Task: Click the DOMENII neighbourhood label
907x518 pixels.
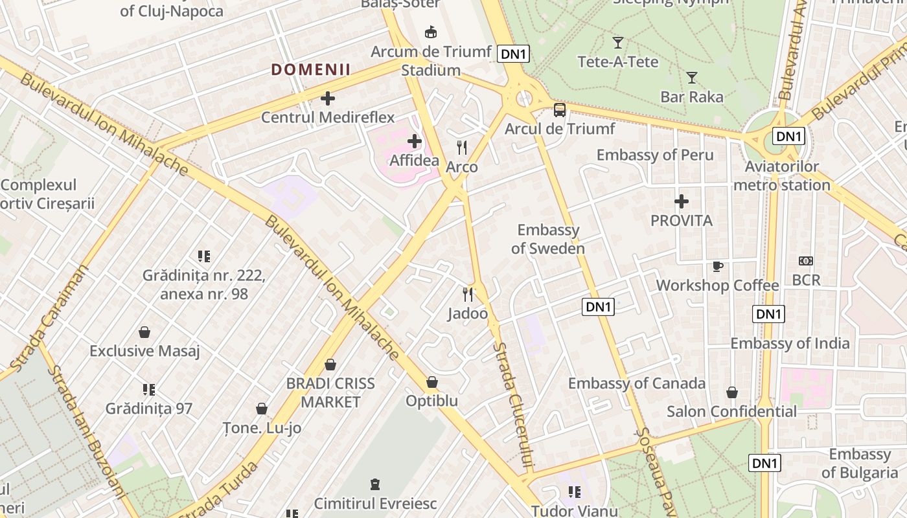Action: [x=311, y=70]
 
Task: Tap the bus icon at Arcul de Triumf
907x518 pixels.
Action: [x=560, y=110]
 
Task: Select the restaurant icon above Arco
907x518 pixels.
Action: [x=462, y=148]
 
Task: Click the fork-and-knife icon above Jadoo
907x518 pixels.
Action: [x=468, y=295]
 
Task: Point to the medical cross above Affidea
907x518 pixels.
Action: [x=415, y=141]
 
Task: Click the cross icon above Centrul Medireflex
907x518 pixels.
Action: [x=328, y=98]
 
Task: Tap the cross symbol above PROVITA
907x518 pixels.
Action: [x=682, y=201]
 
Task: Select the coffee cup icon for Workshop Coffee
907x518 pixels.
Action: [x=717, y=266]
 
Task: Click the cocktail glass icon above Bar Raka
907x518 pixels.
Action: [x=692, y=78]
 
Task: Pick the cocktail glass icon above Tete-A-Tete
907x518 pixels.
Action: [x=618, y=43]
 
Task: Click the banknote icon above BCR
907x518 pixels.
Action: [x=806, y=261]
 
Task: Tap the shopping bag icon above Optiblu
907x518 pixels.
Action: [x=432, y=382]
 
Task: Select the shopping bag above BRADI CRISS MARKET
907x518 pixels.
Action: [x=330, y=365]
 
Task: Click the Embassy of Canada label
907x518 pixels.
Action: [x=636, y=383]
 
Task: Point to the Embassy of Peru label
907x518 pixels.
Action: [x=655, y=155]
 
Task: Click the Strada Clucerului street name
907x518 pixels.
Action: [x=512, y=405]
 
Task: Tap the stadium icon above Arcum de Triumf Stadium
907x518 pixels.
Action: [x=430, y=32]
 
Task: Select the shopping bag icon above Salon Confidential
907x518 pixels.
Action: [x=732, y=392]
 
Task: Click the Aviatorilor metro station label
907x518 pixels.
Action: [x=782, y=176]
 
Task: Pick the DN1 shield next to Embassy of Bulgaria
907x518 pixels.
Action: [x=765, y=463]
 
